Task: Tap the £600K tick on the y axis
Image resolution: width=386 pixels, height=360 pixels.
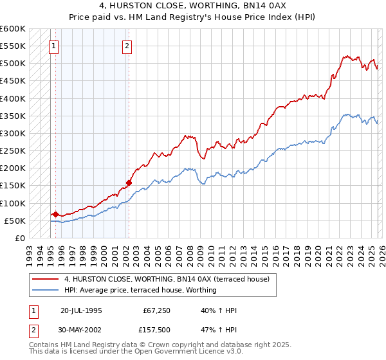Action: (x=12, y=29)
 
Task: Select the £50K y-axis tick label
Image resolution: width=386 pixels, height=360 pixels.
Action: (x=14, y=221)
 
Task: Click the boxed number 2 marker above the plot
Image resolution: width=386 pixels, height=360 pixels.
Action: (x=127, y=46)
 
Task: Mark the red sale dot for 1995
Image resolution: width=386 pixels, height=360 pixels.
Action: (x=55, y=215)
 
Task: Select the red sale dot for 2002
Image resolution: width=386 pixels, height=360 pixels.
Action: (x=129, y=183)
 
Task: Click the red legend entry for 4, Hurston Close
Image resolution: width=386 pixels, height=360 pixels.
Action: (x=170, y=279)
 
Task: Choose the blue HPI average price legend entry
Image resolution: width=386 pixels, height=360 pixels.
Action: (x=140, y=290)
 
